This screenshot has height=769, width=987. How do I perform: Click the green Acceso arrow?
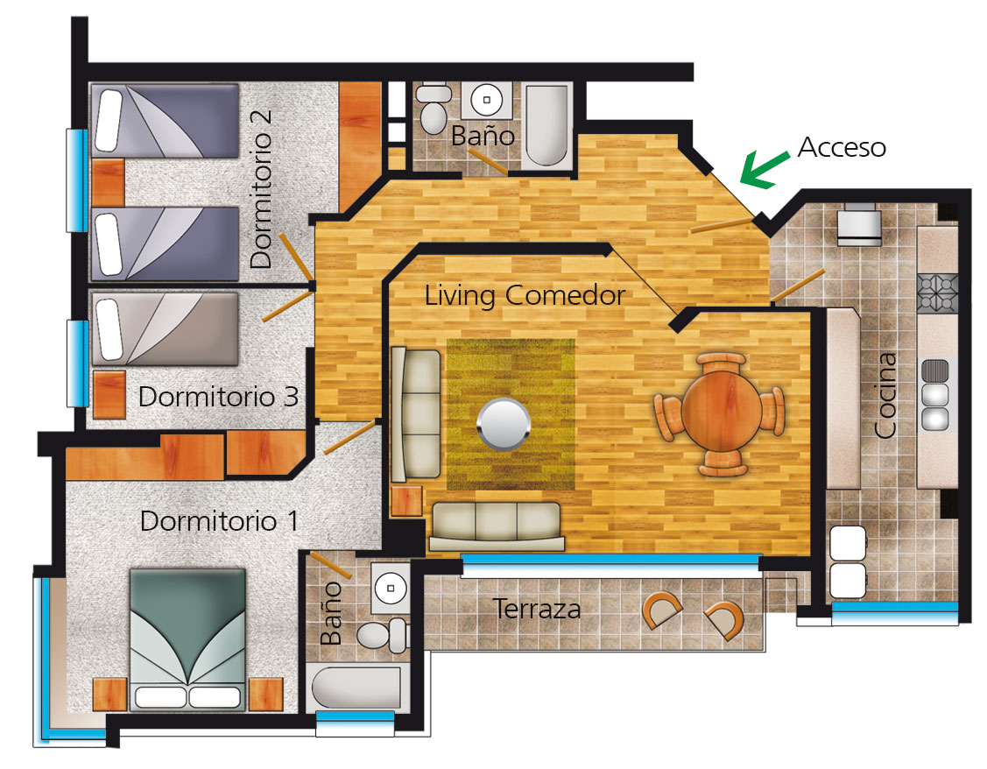click(764, 169)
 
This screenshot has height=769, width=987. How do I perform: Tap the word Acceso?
click(842, 147)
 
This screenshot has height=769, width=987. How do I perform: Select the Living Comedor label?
click(525, 295)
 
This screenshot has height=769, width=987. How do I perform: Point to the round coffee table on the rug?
click(504, 424)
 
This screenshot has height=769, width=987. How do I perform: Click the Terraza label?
click(536, 609)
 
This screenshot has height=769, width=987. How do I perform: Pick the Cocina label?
click(885, 395)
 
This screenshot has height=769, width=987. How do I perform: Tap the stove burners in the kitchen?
click(937, 293)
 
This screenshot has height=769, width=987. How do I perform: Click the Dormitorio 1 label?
click(219, 521)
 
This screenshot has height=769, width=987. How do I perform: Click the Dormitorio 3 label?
click(218, 397)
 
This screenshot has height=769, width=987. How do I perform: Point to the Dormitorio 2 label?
click(261, 189)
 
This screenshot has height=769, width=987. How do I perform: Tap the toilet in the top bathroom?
click(434, 109)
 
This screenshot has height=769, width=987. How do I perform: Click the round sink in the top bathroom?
click(487, 100)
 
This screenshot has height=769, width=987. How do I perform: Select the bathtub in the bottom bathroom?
click(357, 688)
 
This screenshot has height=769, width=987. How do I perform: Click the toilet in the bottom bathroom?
click(382, 635)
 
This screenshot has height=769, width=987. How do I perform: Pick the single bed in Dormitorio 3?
click(165, 328)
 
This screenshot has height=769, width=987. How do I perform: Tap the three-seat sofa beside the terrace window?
click(496, 526)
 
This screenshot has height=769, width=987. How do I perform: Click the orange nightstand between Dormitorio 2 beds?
click(109, 182)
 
